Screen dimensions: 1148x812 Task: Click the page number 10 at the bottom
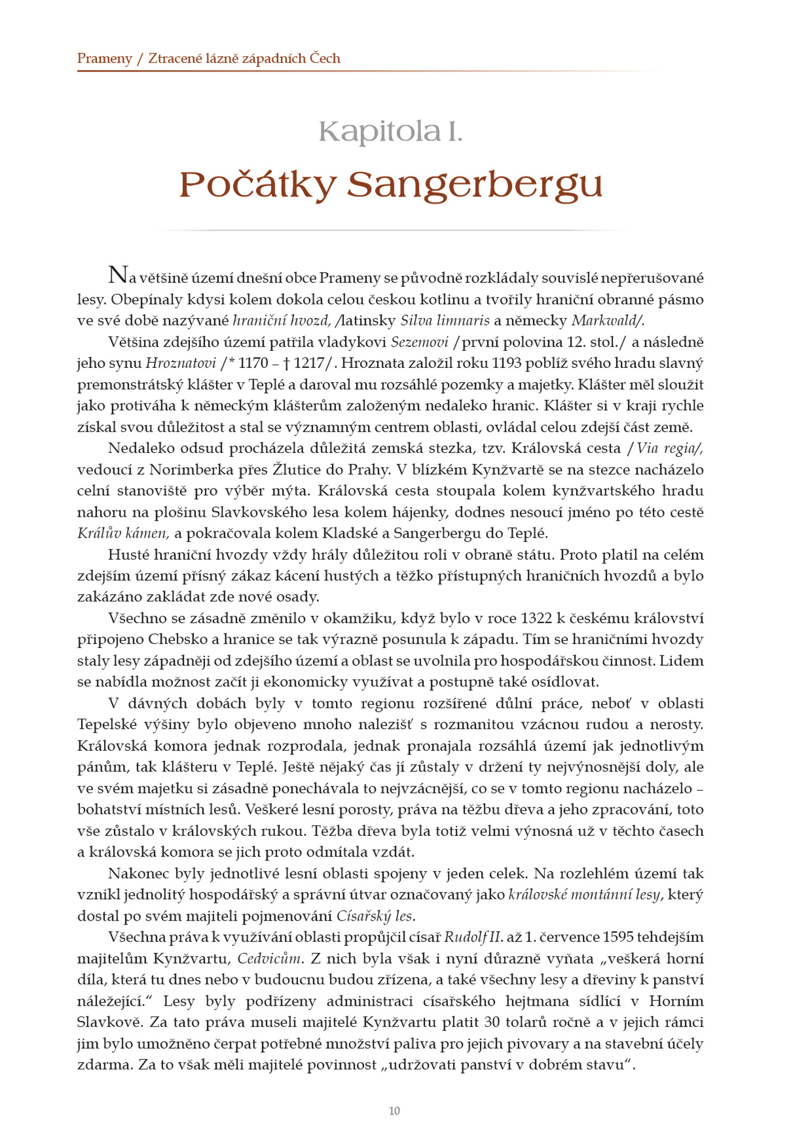[x=394, y=1111]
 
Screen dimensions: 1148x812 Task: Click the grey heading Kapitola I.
[x=390, y=132]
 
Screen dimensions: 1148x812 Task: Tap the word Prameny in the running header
[x=105, y=59]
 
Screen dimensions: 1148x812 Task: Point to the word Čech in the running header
[x=325, y=59]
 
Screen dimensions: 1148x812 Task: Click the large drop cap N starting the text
[x=118, y=276]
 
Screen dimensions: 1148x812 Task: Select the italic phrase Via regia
[x=668, y=448]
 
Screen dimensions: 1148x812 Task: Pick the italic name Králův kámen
[x=123, y=533]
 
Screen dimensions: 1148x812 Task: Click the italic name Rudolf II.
[x=474, y=937]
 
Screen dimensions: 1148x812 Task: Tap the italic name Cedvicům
[x=269, y=958]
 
